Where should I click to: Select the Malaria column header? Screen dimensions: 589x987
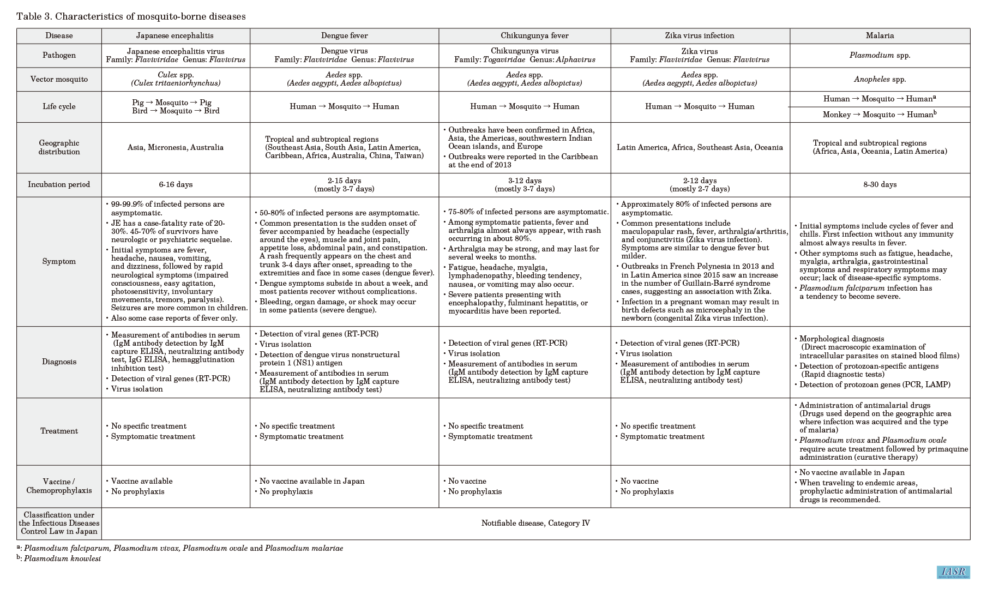[x=880, y=35]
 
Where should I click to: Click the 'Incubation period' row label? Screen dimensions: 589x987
[x=59, y=184]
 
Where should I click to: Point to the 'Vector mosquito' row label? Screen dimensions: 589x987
[x=59, y=79]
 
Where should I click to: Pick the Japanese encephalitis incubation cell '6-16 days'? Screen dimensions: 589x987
[x=176, y=184]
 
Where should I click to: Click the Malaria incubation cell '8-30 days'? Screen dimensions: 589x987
[x=880, y=184]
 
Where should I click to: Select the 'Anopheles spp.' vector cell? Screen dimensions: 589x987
[x=880, y=79]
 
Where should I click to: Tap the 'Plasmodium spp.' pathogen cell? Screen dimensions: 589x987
[x=880, y=55]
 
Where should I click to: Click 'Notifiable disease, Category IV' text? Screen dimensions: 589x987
[x=535, y=523]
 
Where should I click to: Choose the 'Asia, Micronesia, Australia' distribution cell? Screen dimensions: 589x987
[x=176, y=147]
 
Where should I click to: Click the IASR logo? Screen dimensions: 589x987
[x=953, y=572]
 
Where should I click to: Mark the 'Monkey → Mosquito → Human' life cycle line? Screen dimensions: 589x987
[x=879, y=115]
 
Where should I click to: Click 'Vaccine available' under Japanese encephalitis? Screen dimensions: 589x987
[x=142, y=481]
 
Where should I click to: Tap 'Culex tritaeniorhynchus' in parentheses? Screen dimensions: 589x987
[x=176, y=83]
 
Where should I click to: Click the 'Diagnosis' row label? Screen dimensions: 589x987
[x=59, y=362]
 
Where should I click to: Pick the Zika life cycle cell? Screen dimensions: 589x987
[x=700, y=106]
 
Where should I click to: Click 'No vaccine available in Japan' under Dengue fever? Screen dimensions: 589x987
[x=312, y=481]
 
